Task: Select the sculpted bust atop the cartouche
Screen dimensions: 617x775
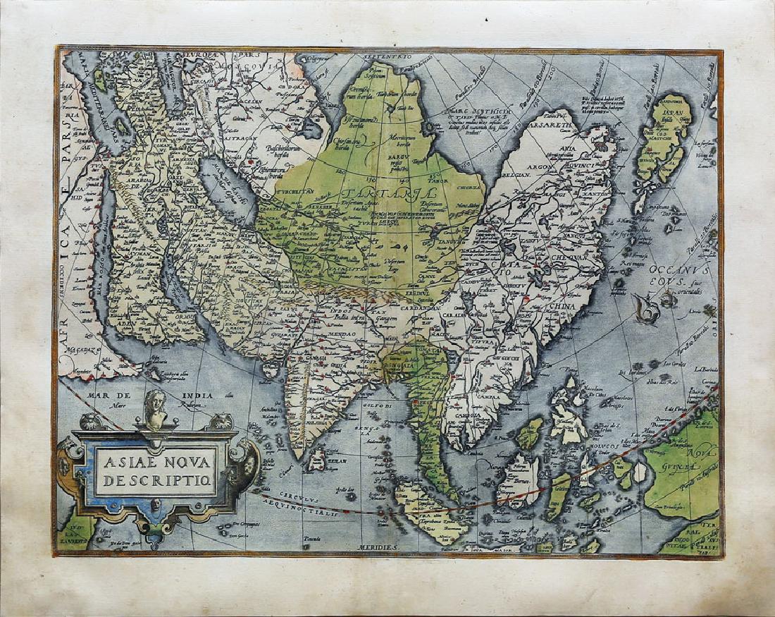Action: click(154, 408)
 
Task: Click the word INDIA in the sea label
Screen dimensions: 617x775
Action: click(193, 396)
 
